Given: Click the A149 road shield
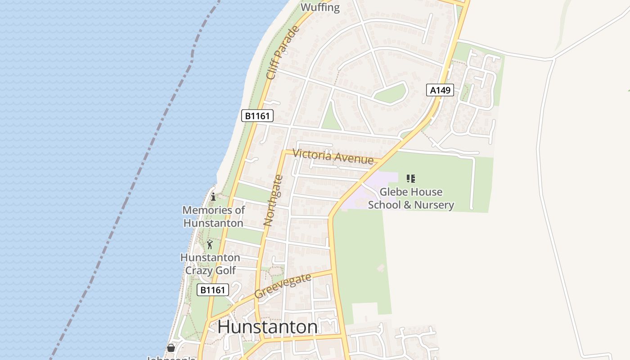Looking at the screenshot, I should point(440,90).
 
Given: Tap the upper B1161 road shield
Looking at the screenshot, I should point(257,116).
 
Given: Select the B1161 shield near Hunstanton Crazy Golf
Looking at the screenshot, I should point(213,290).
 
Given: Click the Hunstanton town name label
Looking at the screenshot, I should point(267,327).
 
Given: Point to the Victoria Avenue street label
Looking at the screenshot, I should point(333,156).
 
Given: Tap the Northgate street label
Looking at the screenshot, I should point(273,200).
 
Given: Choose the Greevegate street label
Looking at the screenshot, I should point(283,286).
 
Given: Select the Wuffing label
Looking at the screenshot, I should point(320,7).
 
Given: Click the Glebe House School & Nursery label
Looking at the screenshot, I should point(411,198).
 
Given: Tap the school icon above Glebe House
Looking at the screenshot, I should point(410,179).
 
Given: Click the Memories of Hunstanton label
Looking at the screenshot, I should point(213,216).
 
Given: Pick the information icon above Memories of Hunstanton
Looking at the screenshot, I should point(213,197).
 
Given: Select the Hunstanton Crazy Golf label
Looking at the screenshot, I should point(210,264).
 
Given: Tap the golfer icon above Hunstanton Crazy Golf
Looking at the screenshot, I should point(210,245).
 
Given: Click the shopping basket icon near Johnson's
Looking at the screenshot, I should point(171,348).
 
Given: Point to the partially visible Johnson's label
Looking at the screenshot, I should point(171,358).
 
